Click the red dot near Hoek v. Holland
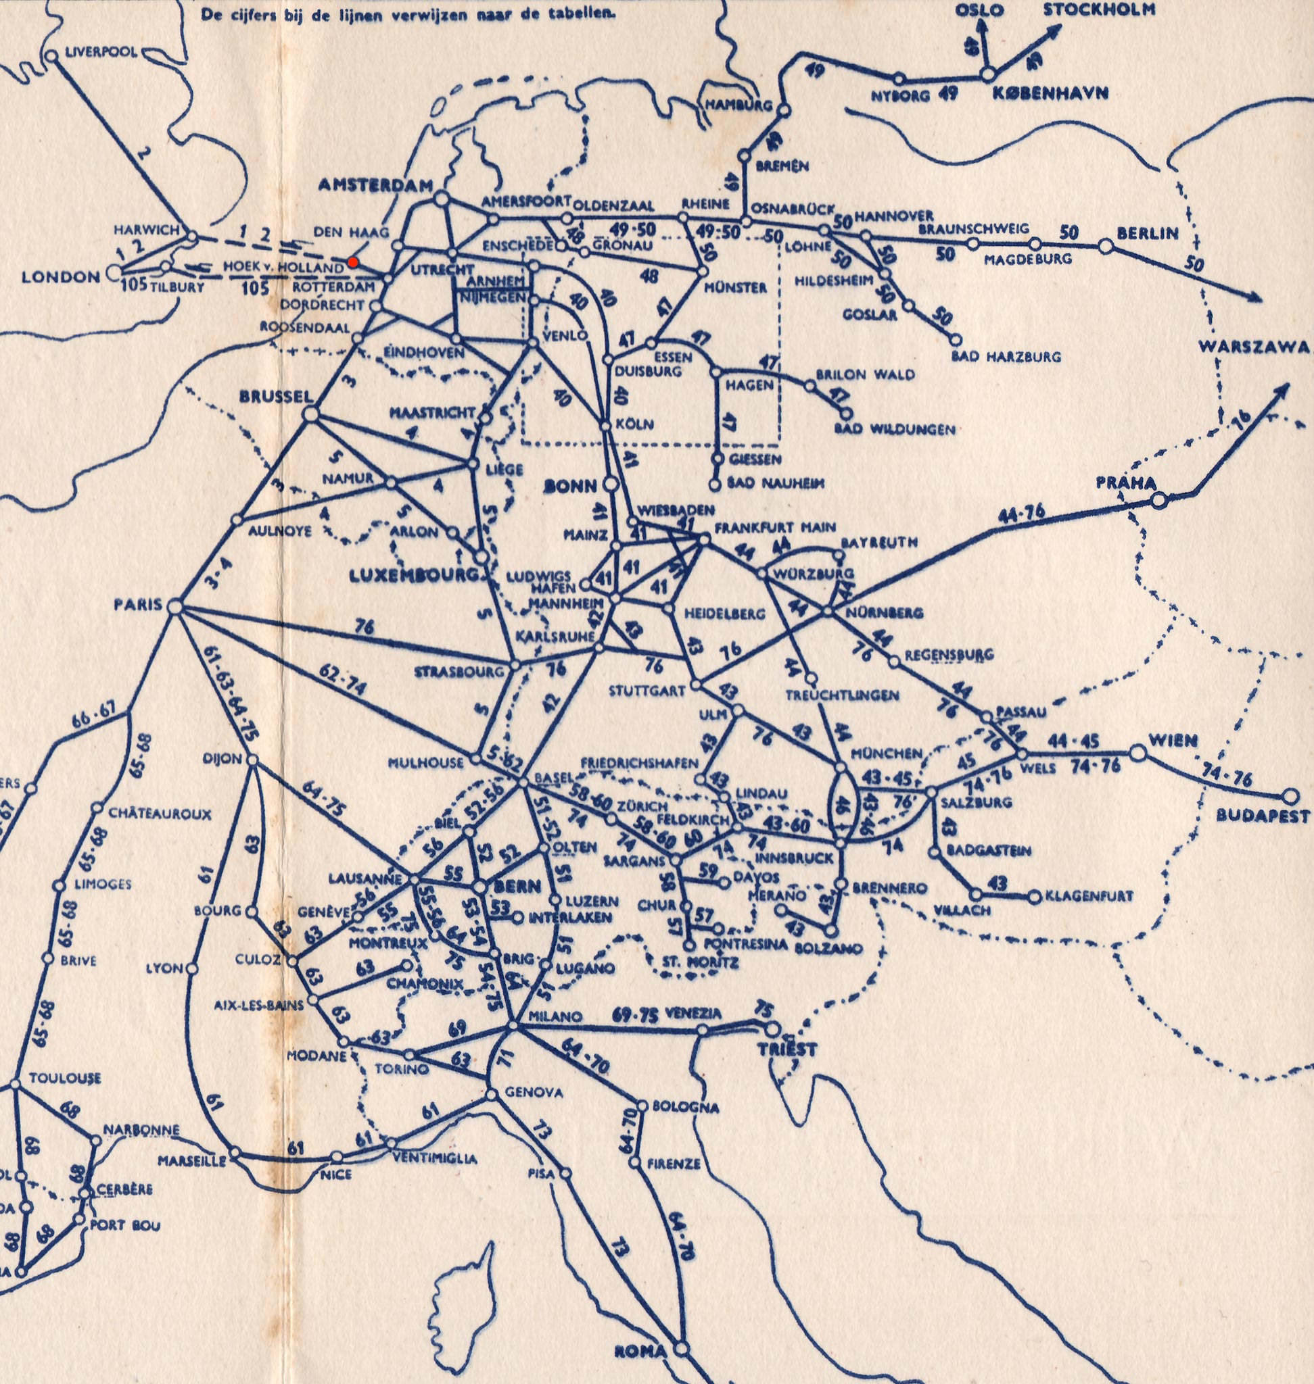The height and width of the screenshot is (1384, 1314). pos(353,261)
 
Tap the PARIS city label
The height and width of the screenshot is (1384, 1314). pos(137,604)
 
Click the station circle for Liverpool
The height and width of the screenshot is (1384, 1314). pos(51,56)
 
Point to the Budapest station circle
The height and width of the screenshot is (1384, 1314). pos(1290,796)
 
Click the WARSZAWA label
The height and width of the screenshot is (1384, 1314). pos(1253,347)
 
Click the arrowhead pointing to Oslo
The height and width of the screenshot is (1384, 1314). pos(981,24)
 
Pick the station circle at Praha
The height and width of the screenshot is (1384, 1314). pos(1159,500)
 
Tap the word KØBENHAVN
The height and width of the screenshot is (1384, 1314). pos(1050,93)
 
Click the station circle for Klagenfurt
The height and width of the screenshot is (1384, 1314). pos(1035,897)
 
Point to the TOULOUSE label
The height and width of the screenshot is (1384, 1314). pos(65,1078)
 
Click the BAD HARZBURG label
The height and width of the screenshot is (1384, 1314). pos(1006,356)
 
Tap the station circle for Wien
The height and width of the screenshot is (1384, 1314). pos(1138,753)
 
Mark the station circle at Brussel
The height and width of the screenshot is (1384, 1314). pos(310,414)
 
